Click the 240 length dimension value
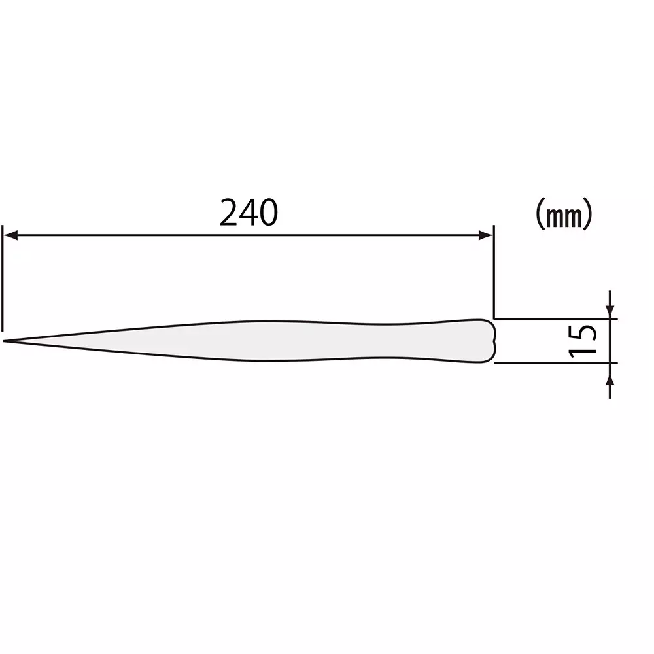pos(249,213)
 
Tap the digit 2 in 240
pos(230,213)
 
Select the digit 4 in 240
pos(249,213)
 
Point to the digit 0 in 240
pos(268,213)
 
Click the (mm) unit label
pos(564,215)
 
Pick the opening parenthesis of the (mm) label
pos(540,215)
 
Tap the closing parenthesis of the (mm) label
pos(588,215)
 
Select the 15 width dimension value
pos(583,340)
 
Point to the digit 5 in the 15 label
pos(583,332)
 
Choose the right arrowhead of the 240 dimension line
pos(486,235)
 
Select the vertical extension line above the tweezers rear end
pos(494,271)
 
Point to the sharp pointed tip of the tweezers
pos(5,341)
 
